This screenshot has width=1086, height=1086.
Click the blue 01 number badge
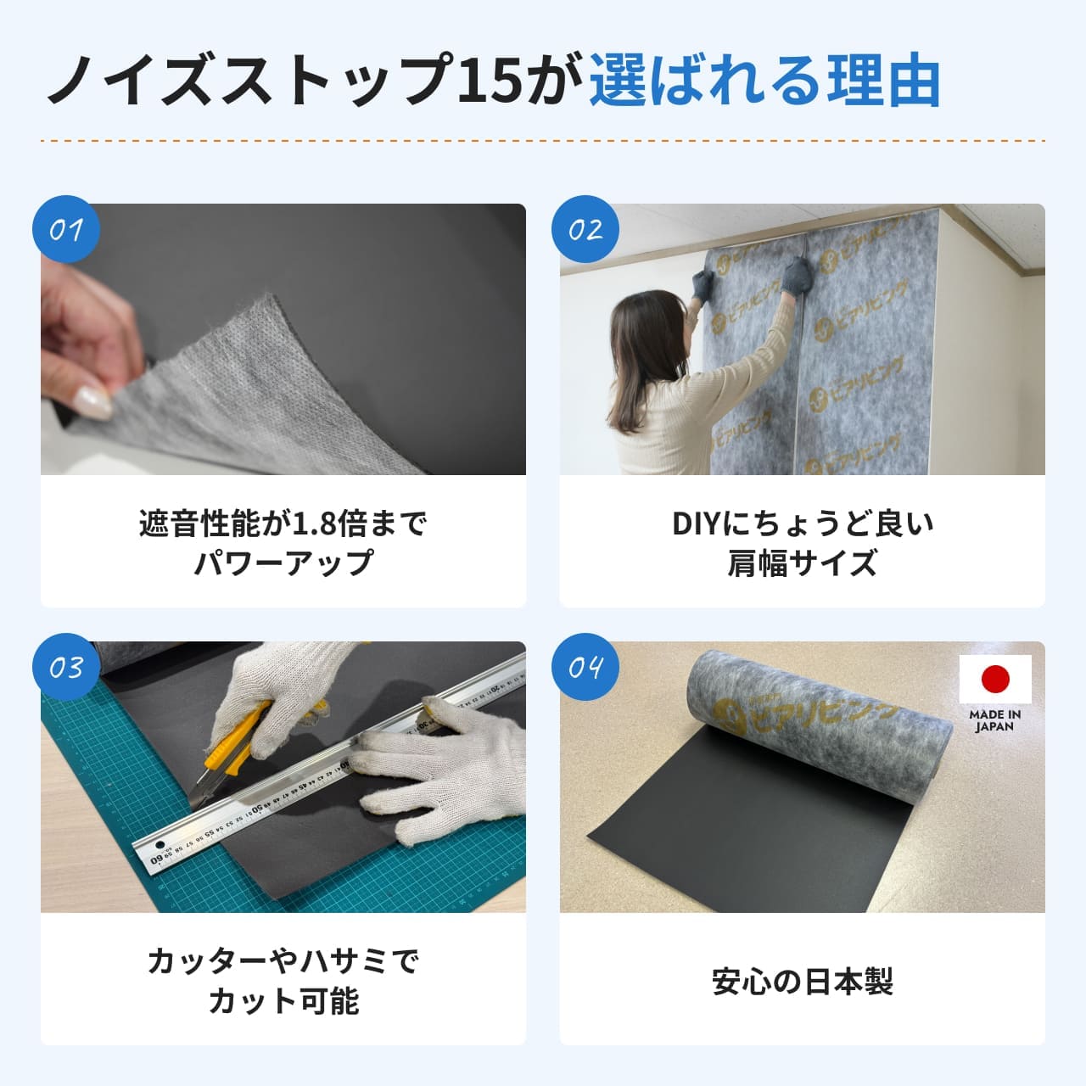click(66, 230)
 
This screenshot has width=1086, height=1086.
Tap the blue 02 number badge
click(585, 230)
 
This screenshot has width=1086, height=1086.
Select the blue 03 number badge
click(66, 668)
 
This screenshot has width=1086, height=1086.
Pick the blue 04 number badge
click(585, 668)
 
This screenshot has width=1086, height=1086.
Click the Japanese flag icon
click(995, 679)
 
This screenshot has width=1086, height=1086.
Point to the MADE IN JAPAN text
click(995, 720)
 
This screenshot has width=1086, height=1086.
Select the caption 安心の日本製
click(802, 982)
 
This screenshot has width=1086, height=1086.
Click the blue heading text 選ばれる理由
click(764, 81)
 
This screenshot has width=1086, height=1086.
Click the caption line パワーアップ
click(283, 563)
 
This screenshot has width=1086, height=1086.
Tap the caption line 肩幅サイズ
click(802, 563)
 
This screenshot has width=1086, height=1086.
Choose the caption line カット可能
click(283, 1001)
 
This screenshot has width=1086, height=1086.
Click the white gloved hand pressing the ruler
click(441, 764)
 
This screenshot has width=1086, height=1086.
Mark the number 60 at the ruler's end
click(156, 860)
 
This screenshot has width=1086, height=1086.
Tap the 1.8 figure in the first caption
click(314, 524)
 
